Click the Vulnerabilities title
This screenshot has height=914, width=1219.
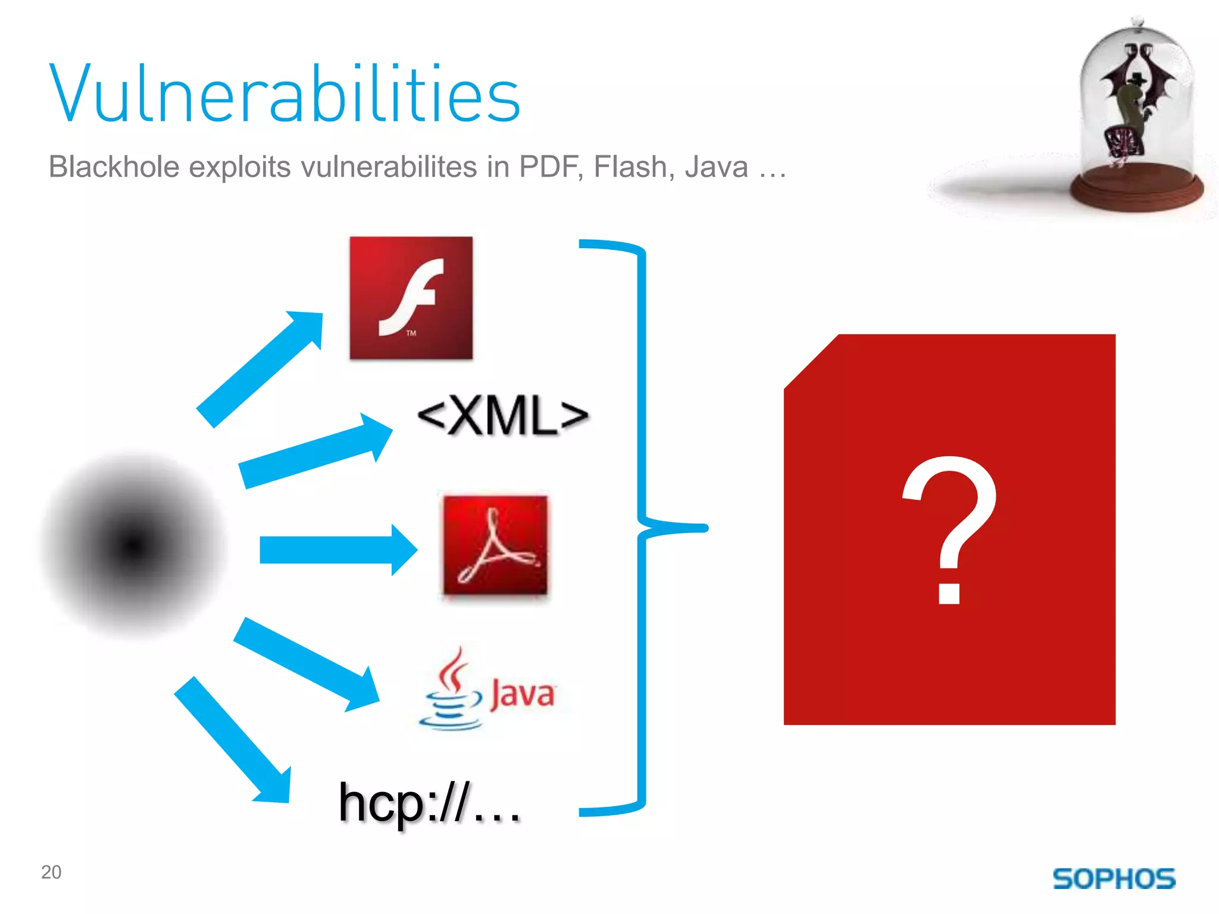(285, 94)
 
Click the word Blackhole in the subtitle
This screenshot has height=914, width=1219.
(114, 167)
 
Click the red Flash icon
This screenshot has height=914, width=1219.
(411, 298)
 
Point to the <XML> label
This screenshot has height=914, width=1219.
(503, 416)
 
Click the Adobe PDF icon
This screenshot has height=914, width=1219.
(495, 545)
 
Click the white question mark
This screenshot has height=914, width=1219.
(949, 530)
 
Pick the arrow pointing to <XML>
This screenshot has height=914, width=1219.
(315, 451)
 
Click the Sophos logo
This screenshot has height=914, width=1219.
(1114, 879)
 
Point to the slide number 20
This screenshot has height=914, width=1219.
(51, 872)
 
